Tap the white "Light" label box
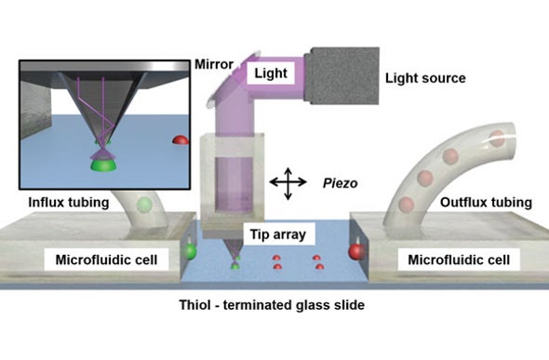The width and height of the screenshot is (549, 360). pos(270,71)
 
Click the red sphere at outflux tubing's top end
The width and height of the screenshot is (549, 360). pos(497,140)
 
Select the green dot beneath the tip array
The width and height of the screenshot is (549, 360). pos(235,266)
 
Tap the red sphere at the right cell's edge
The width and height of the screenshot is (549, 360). pos(355,251)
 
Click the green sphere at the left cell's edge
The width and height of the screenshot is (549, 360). pos(193,251)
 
